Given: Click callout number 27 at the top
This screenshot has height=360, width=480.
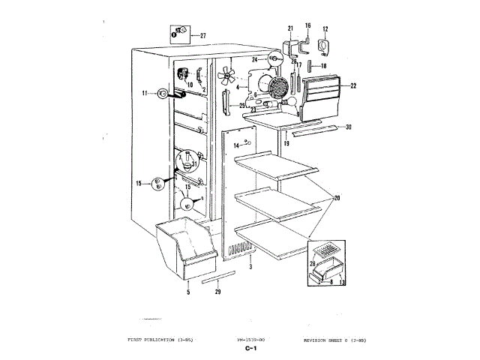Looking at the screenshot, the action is pos(202,34).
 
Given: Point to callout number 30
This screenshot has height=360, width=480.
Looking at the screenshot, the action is pos(349,127).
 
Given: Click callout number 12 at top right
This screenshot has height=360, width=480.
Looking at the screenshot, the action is pos(325,29).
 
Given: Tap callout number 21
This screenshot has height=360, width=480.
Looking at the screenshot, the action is pos(290,29).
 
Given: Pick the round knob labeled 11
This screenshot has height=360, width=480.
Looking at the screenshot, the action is pos(162,94).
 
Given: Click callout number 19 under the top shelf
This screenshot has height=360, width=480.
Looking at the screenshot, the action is pos(286,142).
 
